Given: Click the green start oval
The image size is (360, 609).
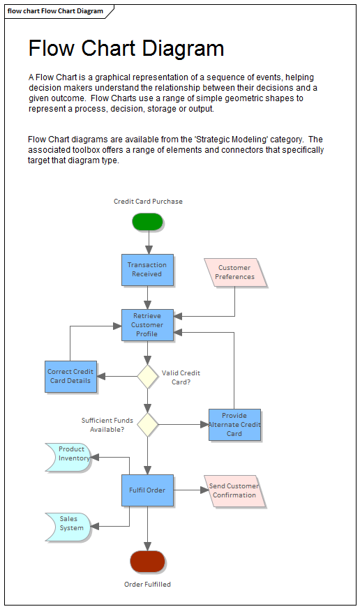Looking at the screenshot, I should click(x=147, y=222).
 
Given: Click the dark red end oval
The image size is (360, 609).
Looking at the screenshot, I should click(x=147, y=562).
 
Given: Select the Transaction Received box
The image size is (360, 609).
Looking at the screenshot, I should click(x=147, y=269).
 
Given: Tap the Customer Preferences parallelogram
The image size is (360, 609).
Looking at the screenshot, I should click(x=235, y=273).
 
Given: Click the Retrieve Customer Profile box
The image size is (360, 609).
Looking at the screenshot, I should click(x=147, y=325).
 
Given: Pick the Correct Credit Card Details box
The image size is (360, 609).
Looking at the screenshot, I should click(x=70, y=376).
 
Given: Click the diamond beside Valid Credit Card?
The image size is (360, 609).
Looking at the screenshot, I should click(x=147, y=376).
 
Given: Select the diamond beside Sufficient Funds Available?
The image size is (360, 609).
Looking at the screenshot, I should click(x=147, y=424).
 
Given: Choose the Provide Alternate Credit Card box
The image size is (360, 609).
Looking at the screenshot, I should click(x=234, y=425).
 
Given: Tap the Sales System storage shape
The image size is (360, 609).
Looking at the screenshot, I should click(x=69, y=524).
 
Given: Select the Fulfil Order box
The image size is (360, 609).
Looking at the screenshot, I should click(x=147, y=490).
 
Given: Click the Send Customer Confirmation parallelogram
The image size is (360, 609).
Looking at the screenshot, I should click(x=234, y=490).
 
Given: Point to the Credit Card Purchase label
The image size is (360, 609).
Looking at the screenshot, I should click(x=148, y=202).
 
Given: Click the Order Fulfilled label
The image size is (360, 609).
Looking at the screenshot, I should click(x=147, y=585).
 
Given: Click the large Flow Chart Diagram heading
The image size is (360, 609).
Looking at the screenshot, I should click(x=126, y=48).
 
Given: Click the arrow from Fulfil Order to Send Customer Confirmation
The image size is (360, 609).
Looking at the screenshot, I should click(x=190, y=490).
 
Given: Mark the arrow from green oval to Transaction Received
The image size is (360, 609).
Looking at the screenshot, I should click(x=148, y=242).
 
